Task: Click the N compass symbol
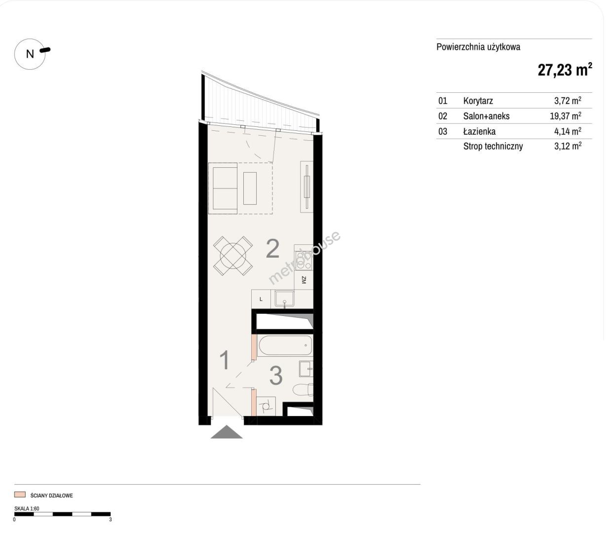coord(30,54)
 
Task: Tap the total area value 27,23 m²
coord(565,70)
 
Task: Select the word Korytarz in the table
coord(478,101)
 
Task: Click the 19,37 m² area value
coord(565,115)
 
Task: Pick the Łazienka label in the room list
coord(479,131)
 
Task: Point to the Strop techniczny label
coord(493,146)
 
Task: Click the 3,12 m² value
coord(568,146)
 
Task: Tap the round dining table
coord(233,256)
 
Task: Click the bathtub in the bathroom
coord(285,345)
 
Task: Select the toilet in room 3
coord(303,390)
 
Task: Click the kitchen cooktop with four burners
coord(304,261)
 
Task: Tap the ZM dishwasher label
coord(304,280)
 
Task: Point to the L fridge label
coord(261,299)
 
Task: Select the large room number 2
coord(272,248)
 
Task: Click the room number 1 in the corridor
coord(225,360)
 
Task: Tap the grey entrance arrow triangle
coord(227,432)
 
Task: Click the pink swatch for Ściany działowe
coord(20,494)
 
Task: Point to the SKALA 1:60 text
coord(27,508)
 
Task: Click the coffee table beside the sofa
coord(250,189)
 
